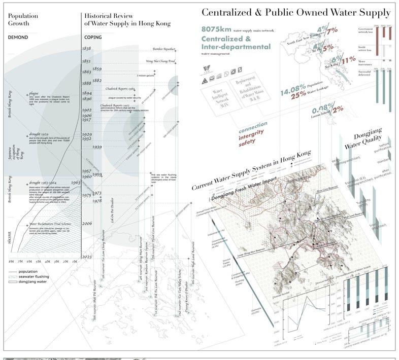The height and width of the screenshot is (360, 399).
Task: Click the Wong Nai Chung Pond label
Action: [x=161, y=61]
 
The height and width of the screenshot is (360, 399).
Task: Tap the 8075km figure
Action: [x=217, y=29]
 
